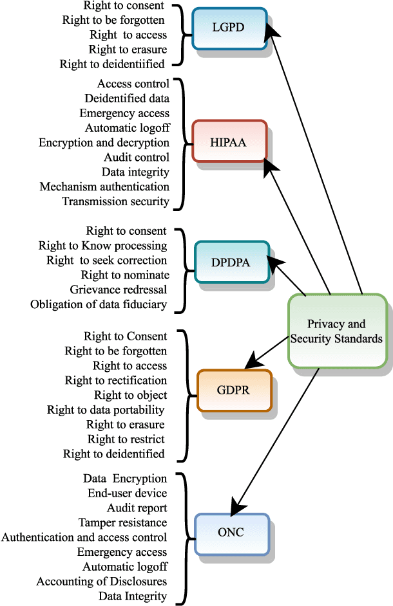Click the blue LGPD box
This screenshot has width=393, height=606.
click(x=229, y=28)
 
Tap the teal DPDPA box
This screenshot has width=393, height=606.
click(x=230, y=262)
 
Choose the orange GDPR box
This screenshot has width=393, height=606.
click(x=234, y=390)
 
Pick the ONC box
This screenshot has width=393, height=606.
click(x=231, y=533)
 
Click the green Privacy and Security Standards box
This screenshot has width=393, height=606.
click(x=336, y=331)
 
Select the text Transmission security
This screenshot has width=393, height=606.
click(x=115, y=201)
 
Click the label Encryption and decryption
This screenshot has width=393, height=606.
click(x=104, y=142)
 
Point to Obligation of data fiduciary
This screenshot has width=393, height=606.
click(x=99, y=304)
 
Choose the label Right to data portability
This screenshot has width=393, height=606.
click(x=106, y=410)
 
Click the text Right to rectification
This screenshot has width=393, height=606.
click(x=116, y=380)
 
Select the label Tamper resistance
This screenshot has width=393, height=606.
click(x=122, y=522)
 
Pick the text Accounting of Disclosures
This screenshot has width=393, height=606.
click(x=102, y=582)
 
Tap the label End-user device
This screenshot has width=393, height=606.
click(x=127, y=493)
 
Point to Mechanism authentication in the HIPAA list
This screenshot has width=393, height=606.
click(x=104, y=187)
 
